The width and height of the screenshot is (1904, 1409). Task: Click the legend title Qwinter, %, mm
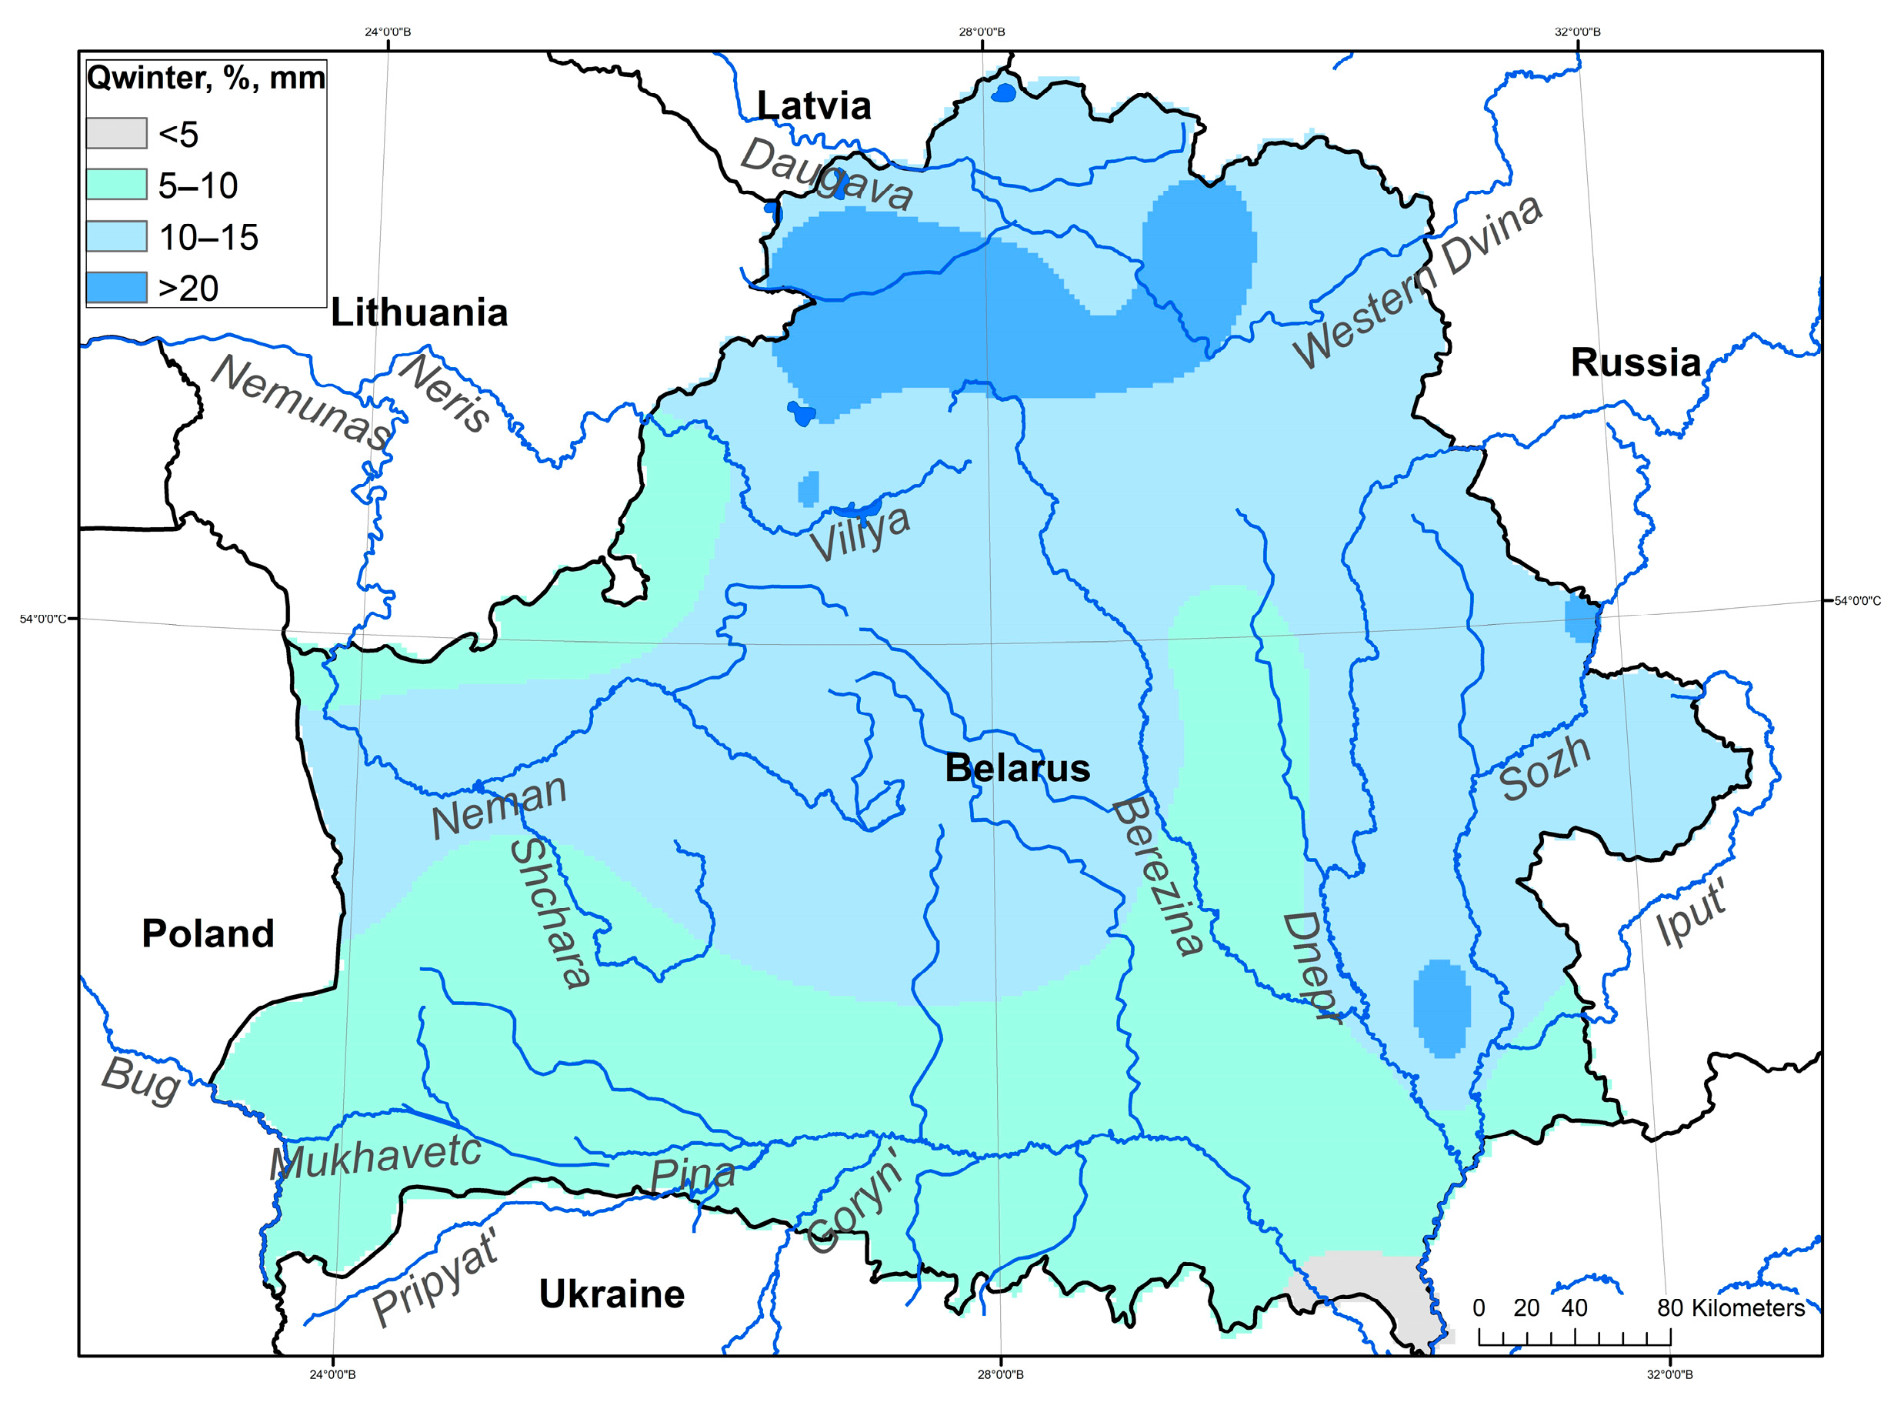205,78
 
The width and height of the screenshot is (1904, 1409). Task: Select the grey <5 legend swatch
116,134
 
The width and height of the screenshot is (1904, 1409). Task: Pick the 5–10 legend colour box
116,185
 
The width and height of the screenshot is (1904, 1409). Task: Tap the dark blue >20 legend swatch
116,289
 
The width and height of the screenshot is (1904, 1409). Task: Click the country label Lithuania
418,313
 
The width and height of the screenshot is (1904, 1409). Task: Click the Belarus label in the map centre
1017,770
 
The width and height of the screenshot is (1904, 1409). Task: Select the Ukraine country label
612,1294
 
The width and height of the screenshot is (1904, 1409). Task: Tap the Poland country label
208,934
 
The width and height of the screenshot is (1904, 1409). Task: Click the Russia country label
1636,363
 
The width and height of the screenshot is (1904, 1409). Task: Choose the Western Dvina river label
1417,282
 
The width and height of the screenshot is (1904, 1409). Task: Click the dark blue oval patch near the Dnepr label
1442,1008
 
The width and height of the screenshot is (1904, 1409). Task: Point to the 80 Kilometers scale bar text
1730,1308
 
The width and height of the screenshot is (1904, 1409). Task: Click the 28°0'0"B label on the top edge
982,32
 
